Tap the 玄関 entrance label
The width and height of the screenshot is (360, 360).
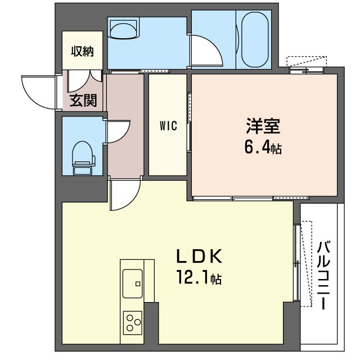[x=83, y=101]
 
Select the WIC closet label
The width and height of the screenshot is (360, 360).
[x=168, y=126]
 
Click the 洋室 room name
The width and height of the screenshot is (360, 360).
[x=262, y=125]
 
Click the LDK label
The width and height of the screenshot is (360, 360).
[x=200, y=256]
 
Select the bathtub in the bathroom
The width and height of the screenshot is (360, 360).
[x=256, y=39]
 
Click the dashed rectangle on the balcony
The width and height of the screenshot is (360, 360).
[x=306, y=263]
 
